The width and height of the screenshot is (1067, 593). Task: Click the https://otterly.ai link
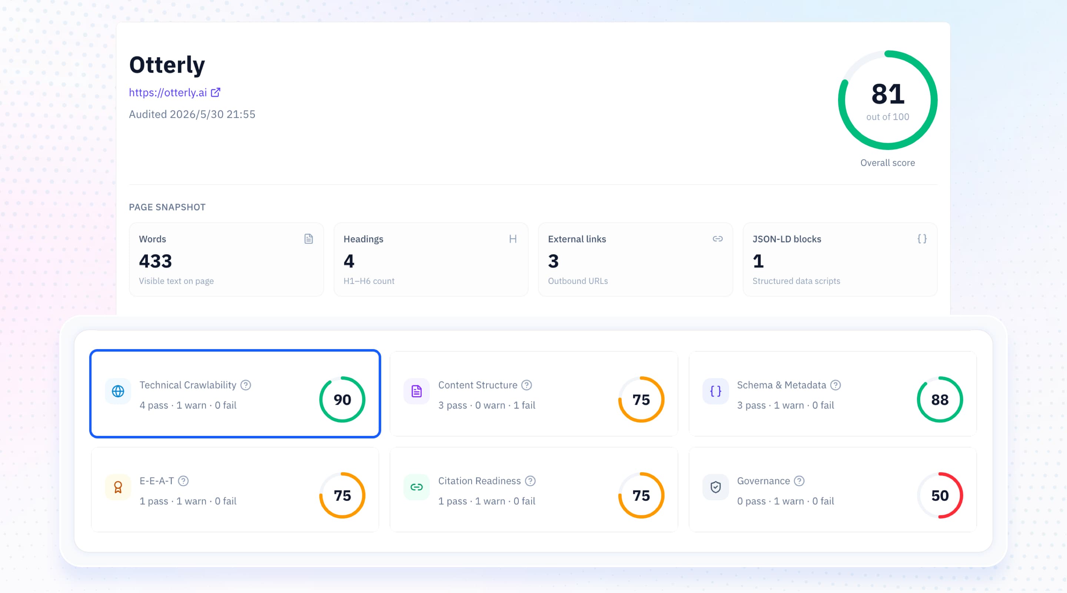coord(168,92)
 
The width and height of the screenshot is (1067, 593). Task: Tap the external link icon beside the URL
coord(215,92)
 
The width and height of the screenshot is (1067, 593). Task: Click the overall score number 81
coord(888,94)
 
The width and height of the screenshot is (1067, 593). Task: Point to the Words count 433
coord(155,261)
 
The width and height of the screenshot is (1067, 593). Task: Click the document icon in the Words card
coord(309,239)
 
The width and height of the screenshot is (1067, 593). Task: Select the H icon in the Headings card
coord(513,239)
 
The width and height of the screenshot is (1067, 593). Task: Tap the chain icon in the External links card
coord(717,239)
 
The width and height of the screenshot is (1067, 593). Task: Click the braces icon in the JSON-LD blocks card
coord(922,239)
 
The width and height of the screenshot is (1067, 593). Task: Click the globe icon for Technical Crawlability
coord(118,391)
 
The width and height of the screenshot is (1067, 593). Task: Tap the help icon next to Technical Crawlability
coord(246,385)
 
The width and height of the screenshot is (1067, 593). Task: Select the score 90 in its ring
coord(342,400)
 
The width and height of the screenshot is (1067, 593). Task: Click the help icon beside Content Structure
coord(526,385)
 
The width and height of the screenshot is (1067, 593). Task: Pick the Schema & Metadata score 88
coord(940,400)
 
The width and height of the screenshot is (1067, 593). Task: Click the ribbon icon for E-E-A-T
coord(118,487)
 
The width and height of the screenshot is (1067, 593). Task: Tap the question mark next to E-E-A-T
coord(183,481)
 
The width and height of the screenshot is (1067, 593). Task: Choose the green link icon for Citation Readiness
coord(417,487)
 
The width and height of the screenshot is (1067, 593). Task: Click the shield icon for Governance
coord(715,487)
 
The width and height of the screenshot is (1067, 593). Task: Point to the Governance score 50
coord(940,496)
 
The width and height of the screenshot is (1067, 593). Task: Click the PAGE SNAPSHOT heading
coord(167,207)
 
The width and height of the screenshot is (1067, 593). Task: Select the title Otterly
coord(167,65)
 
